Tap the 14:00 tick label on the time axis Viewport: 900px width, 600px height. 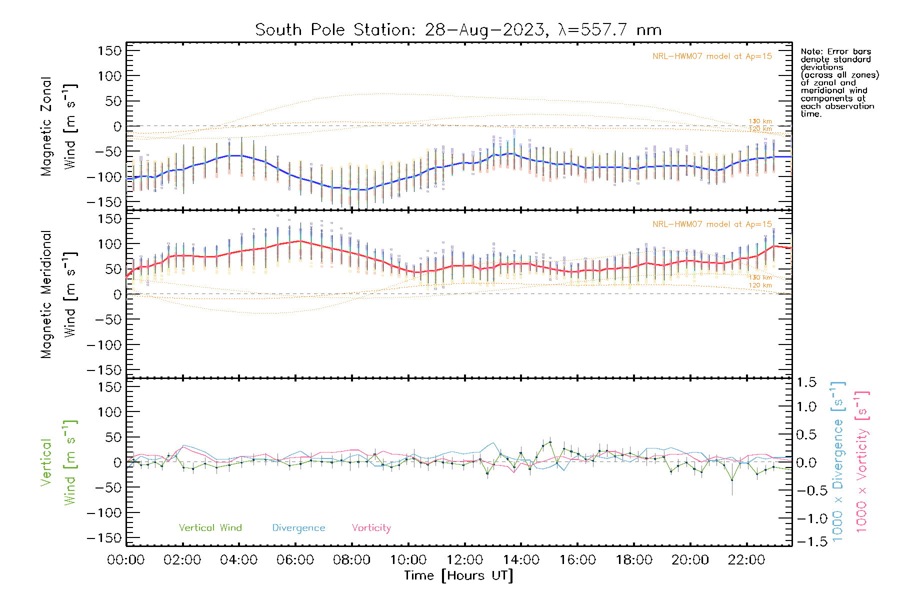[x=521, y=560]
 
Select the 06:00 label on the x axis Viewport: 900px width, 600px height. [x=295, y=560]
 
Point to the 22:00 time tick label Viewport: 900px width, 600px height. [x=746, y=560]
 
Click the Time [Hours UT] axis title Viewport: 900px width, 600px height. [x=458, y=575]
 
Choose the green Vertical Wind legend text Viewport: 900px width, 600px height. [x=210, y=528]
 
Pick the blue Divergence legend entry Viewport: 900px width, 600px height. [x=298, y=528]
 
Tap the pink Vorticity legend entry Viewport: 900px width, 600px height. [x=371, y=528]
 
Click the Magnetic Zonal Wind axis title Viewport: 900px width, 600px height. [x=59, y=126]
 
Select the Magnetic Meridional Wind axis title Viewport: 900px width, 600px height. [x=59, y=294]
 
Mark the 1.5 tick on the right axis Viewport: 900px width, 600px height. [x=806, y=382]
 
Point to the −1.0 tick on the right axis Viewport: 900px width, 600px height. [x=806, y=518]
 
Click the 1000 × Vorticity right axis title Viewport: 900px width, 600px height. [x=862, y=462]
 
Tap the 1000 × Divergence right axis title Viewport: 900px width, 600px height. [x=838, y=462]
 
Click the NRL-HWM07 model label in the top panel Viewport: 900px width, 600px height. [x=712, y=56]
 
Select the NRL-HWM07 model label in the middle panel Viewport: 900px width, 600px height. [x=712, y=224]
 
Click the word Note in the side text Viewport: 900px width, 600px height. [x=810, y=52]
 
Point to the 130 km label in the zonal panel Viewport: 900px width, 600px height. [x=760, y=121]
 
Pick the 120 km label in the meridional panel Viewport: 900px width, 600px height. [x=760, y=285]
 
